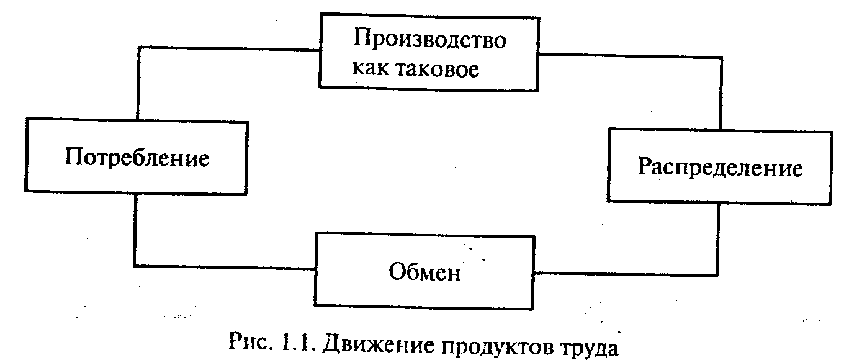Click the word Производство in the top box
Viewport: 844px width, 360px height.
click(429, 41)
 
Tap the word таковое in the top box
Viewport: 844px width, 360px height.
click(447, 69)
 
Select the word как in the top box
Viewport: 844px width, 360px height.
click(371, 69)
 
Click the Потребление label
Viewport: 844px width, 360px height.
click(137, 158)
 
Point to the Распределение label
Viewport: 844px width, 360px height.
click(720, 168)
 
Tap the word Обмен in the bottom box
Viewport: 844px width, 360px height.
click(425, 272)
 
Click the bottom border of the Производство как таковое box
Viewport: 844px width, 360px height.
click(428, 91)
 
